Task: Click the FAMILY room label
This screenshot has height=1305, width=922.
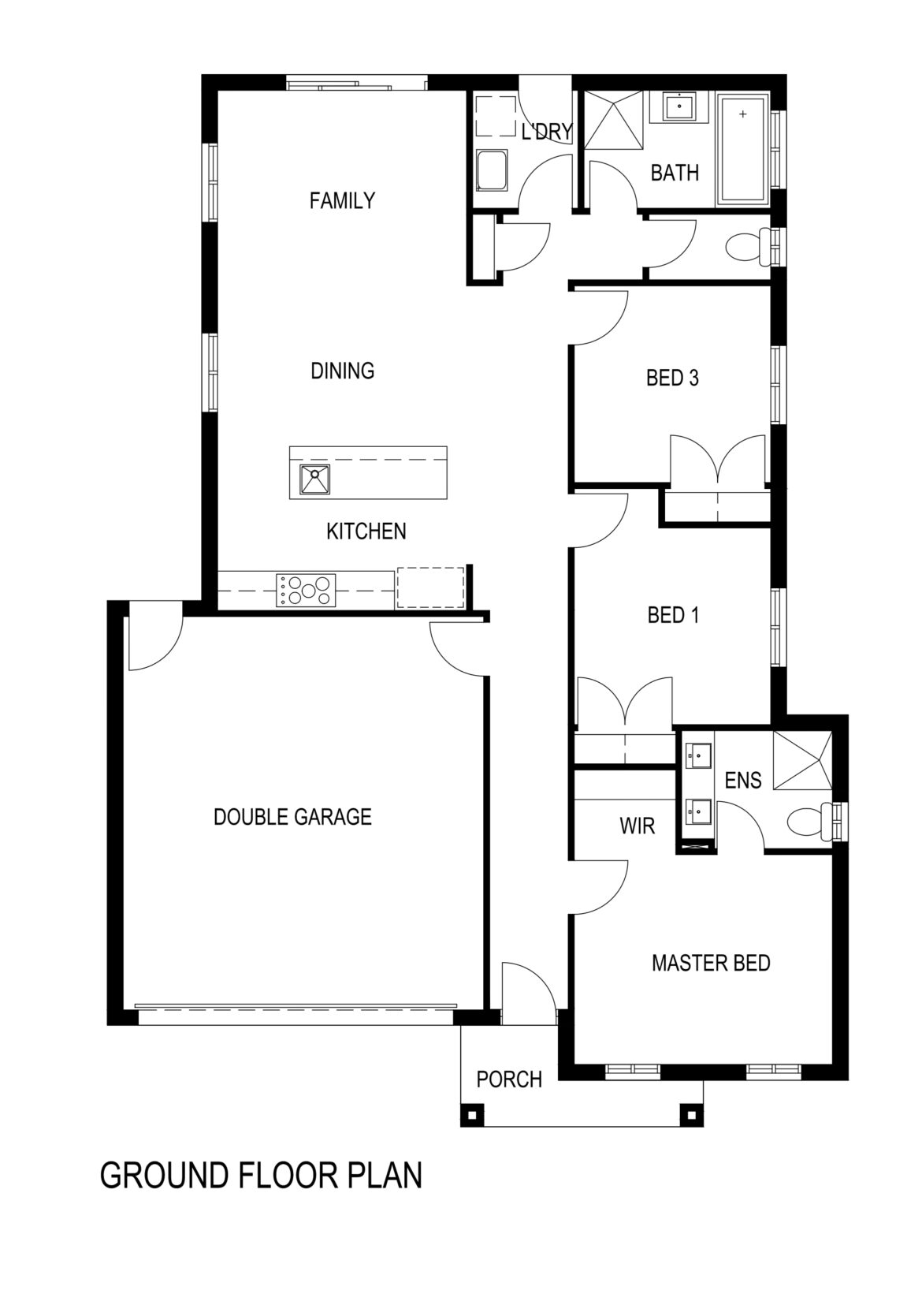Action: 342,201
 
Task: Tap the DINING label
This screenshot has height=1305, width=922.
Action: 342,371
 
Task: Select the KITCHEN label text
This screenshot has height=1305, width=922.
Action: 366,531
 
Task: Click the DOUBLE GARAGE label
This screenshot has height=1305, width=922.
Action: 292,817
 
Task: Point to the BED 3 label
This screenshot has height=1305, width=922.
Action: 672,378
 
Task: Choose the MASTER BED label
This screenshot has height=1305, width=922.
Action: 711,963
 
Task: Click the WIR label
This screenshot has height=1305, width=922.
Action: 638,826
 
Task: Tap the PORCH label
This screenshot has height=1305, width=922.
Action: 509,1079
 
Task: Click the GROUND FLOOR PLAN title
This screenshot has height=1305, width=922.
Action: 261,1175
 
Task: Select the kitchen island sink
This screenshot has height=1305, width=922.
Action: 314,479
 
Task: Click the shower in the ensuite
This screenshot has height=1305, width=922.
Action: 802,759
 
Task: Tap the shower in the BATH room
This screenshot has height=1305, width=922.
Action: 613,119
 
